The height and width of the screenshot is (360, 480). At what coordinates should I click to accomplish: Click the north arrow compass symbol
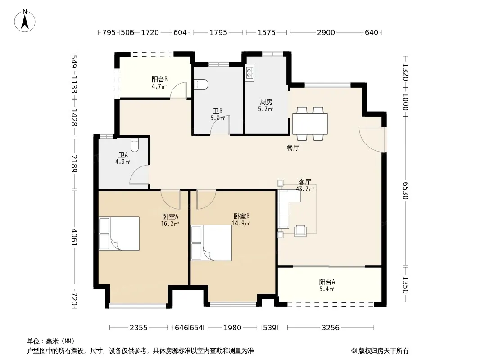click(25, 21)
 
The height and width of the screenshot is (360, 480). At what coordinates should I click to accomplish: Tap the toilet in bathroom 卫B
click(201, 84)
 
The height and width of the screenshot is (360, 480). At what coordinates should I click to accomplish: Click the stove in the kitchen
click(249, 73)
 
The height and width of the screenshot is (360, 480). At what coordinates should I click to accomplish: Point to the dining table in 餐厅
click(310, 124)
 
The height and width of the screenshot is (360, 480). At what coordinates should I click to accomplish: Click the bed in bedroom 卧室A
click(119, 234)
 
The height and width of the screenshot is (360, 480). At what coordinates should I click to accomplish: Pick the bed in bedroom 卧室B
click(211, 243)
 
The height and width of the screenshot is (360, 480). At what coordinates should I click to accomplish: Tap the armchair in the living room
click(300, 231)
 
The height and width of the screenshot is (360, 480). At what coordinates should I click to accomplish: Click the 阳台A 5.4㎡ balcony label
click(327, 285)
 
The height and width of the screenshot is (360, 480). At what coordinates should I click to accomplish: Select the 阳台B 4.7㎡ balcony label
click(159, 83)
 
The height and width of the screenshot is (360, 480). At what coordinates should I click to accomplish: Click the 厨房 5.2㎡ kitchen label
click(265, 105)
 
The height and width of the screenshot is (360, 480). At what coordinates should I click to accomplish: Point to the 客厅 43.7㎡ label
click(305, 186)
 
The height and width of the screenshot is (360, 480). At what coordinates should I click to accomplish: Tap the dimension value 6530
click(405, 190)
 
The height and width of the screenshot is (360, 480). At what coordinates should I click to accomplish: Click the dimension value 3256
click(331, 328)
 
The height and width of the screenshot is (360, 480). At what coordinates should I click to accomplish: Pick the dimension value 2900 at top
click(326, 32)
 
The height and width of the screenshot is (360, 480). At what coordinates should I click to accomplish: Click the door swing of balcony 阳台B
click(178, 90)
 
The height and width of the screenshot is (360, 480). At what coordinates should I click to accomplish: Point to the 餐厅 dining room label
click(293, 148)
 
